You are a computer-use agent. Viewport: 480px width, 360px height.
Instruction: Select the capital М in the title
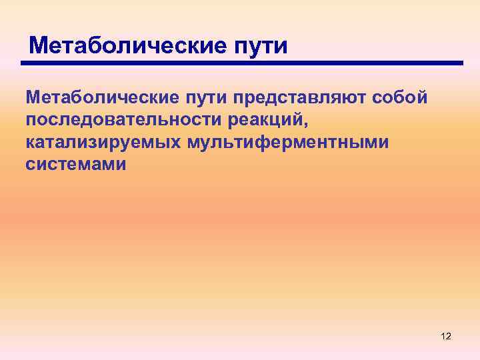pyautogui.click(x=40, y=46)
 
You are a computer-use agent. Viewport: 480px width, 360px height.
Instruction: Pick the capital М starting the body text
pyautogui.click(x=35, y=99)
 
